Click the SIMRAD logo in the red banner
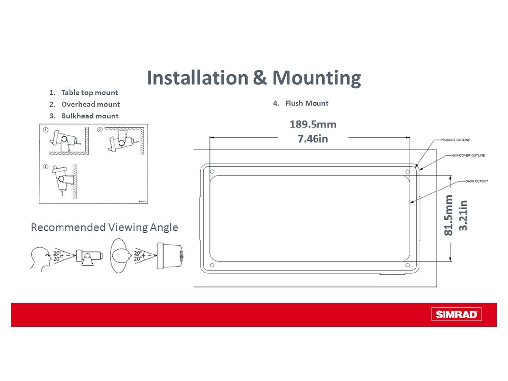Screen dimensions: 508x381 456,315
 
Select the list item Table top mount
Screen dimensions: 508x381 89,93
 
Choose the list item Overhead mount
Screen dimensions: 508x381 90,104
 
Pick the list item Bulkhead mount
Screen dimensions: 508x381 90,116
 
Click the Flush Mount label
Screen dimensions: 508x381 307,103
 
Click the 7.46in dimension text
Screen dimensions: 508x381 313,139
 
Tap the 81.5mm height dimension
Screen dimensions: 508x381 449,215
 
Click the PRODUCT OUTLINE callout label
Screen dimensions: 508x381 455,140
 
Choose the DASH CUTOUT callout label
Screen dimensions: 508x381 476,181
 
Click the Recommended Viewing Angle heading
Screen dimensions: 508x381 104,227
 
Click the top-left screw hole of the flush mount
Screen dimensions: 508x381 212,172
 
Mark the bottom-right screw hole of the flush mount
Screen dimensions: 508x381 407,266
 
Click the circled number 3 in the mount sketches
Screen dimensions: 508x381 46,166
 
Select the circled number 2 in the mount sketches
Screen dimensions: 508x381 99,130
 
